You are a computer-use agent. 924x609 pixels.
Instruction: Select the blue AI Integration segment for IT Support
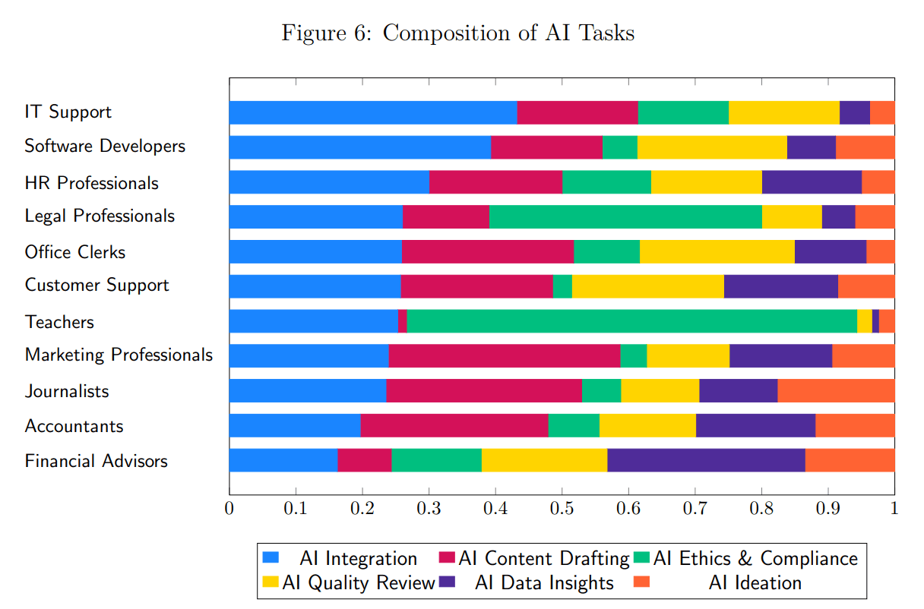pos(372,112)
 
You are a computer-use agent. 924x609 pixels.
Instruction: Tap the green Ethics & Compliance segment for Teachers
pos(631,321)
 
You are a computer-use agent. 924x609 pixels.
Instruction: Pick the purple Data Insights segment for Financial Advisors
pos(706,460)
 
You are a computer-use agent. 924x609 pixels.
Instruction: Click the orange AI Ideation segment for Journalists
pos(836,391)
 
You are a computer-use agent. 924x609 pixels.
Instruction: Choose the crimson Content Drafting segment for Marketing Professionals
pos(504,356)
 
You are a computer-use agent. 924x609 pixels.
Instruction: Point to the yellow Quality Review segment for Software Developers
pos(711,147)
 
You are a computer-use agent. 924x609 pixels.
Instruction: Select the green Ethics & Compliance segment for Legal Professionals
pos(625,216)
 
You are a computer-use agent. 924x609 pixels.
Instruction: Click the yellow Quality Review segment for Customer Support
pos(647,286)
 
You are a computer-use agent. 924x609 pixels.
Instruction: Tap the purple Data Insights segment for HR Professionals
pos(811,182)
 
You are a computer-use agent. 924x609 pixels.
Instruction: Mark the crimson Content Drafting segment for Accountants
pos(454,426)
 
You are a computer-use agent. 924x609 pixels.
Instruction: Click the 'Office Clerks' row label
pos(74,252)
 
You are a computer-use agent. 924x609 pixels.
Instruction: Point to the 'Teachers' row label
pos(59,322)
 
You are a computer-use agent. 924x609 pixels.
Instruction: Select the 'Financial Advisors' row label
pos(96,461)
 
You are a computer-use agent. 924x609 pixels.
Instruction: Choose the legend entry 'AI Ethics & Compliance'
pos(755,559)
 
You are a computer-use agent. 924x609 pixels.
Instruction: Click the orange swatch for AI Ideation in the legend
pos(641,582)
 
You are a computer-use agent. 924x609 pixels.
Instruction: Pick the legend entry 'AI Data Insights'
pos(544,583)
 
